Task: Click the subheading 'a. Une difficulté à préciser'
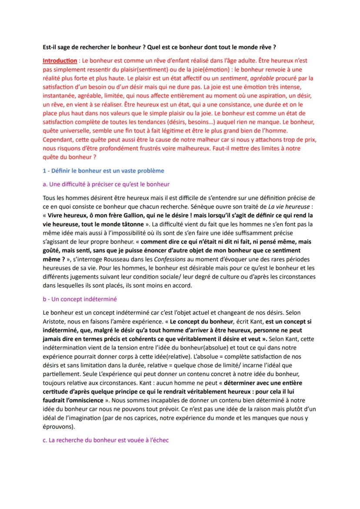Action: click(106, 184)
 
